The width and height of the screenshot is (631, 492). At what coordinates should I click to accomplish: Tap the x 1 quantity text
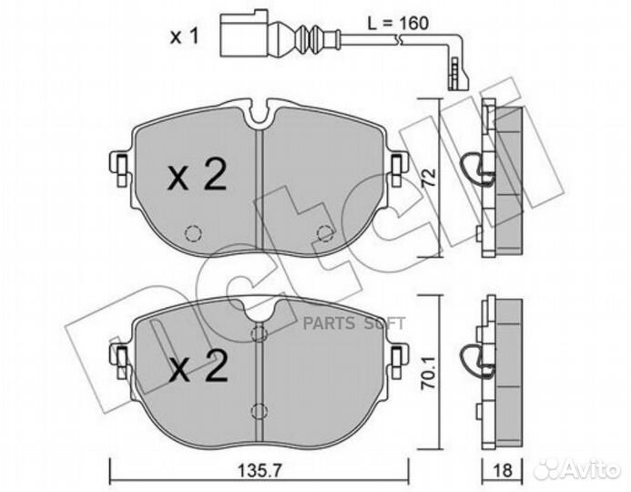coord(184,37)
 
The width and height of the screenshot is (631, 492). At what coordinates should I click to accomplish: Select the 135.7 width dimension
coord(260,470)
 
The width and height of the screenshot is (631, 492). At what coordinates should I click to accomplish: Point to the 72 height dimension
coord(429,177)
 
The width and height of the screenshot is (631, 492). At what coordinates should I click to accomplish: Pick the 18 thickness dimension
coord(503,470)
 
